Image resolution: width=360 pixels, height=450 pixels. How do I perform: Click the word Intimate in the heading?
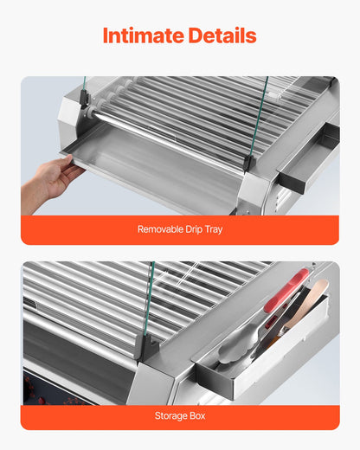(142, 35)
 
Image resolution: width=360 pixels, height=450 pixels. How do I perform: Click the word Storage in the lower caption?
(170, 415)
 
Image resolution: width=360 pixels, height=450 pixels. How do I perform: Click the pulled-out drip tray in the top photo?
(147, 164)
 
